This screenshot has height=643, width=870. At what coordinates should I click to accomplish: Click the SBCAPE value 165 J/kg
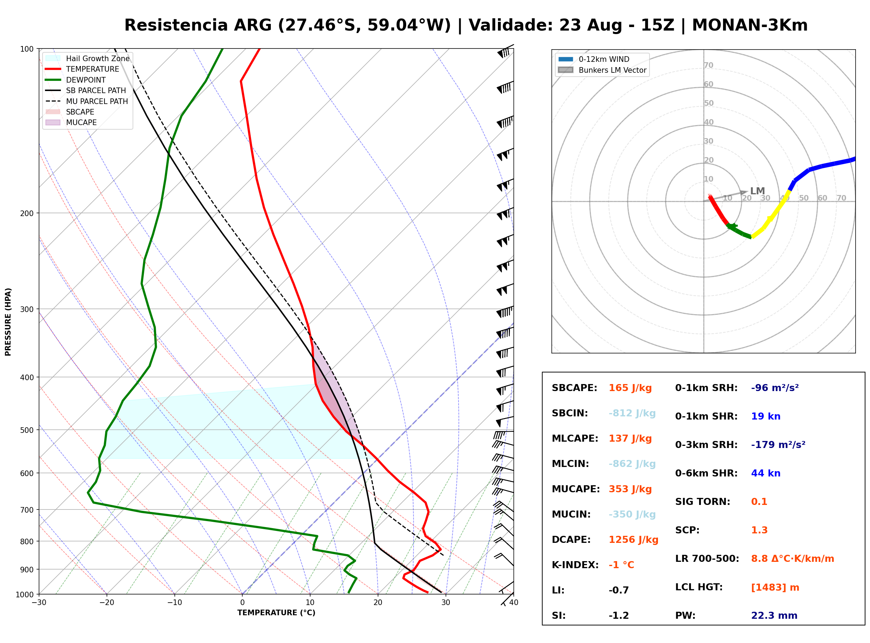630,388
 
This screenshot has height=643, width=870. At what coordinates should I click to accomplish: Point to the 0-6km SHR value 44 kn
766,473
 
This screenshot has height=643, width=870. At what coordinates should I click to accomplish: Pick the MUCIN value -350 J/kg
632,514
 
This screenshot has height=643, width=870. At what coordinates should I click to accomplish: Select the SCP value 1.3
759,530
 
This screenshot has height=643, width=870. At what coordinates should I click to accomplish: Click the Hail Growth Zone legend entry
87,58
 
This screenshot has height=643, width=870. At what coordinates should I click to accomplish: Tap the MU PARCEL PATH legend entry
87,101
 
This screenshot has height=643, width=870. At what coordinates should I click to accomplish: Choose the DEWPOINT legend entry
76,80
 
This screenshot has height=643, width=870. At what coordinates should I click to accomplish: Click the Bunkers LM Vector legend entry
602,70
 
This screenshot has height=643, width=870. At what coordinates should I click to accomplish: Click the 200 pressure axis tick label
27,213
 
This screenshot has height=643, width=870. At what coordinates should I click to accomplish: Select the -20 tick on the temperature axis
107,603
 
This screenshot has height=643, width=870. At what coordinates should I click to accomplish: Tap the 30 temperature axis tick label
446,603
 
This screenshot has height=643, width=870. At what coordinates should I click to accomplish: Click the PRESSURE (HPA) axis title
8,322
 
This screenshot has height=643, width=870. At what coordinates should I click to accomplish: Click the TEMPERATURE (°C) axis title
276,613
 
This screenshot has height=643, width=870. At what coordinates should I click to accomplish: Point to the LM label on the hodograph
757,191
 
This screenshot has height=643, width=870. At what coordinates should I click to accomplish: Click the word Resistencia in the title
176,25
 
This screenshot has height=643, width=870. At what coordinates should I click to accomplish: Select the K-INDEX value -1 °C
621,565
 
